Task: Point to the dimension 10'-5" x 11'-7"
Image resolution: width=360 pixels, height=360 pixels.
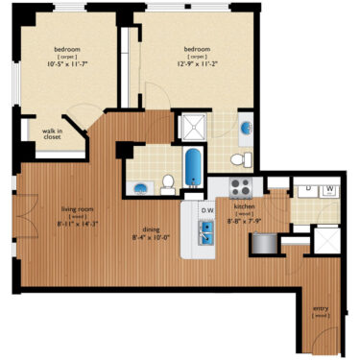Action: (x=66, y=64)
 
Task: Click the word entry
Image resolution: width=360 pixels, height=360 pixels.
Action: (x=321, y=308)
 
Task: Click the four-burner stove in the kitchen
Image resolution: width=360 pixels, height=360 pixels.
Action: (x=239, y=186)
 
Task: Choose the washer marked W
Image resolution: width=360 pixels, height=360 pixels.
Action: (x=330, y=189)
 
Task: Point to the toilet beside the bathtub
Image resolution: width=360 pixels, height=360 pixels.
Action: (x=168, y=181)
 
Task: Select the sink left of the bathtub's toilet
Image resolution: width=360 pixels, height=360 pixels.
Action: (x=141, y=187)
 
